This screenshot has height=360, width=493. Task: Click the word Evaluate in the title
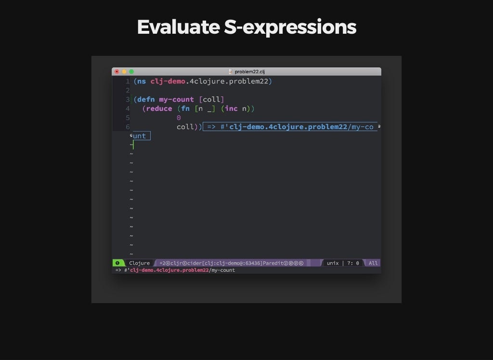178,27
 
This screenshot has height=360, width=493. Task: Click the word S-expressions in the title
290,27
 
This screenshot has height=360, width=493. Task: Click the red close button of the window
117,72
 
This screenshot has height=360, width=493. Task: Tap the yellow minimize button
124,72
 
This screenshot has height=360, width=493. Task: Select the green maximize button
131,72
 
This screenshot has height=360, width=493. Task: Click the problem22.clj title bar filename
249,72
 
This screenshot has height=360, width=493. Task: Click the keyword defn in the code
146,99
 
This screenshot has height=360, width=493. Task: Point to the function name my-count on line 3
176,100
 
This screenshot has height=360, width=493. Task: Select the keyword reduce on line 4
159,108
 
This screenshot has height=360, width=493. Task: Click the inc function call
231,108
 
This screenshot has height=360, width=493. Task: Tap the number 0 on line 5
179,118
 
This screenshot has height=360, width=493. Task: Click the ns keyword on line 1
142,81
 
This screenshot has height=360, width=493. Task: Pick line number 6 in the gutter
127,127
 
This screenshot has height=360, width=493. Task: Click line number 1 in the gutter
127,81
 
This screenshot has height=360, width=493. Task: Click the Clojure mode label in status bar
139,263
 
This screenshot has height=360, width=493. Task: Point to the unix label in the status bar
333,263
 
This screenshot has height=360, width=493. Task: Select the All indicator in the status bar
373,263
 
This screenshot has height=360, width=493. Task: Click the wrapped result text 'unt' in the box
139,136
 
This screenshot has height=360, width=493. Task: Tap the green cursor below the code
133,145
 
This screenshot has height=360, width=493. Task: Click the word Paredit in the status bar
273,263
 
